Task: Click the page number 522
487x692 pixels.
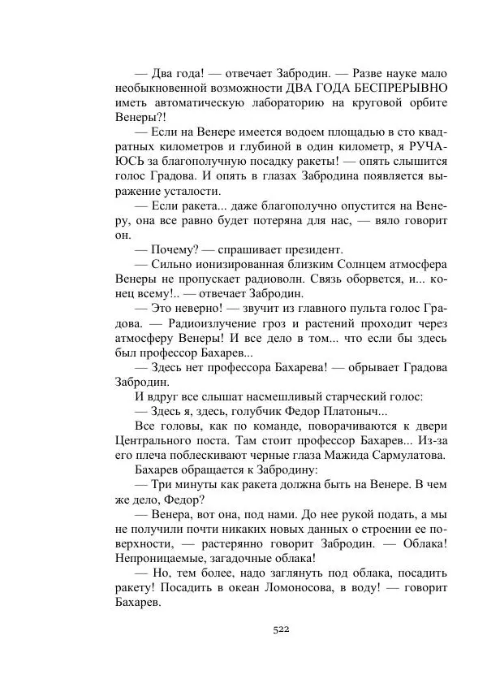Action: pyautogui.click(x=282, y=629)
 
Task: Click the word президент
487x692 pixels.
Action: pyautogui.click(x=312, y=250)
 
